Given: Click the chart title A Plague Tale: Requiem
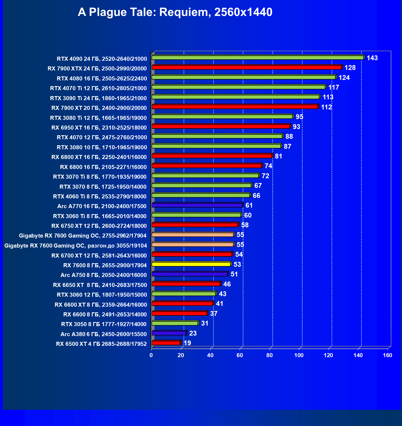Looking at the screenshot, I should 175,12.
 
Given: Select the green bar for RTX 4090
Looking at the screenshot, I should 258,58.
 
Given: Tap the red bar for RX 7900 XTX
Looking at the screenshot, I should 247,67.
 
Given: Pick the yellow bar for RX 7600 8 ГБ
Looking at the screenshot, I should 191,264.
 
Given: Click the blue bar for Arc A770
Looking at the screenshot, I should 197,205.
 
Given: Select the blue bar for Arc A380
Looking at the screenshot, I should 169,333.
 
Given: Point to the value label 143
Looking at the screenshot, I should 372,58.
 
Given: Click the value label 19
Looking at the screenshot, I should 187,343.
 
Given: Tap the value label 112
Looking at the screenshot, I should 326,107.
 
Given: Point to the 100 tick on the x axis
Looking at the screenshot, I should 299,355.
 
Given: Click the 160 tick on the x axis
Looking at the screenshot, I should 387,355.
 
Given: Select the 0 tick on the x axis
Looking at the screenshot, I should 151,355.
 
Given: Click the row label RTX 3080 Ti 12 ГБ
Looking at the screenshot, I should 98,118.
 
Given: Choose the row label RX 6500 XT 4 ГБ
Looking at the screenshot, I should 101,344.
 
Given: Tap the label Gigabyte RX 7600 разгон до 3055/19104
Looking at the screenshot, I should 76,246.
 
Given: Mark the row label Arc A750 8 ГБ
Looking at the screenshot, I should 104,275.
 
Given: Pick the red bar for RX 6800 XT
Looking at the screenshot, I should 212,156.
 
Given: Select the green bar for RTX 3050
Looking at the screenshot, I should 175,323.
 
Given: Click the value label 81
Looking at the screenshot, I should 278,156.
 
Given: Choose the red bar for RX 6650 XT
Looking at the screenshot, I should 186,284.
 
